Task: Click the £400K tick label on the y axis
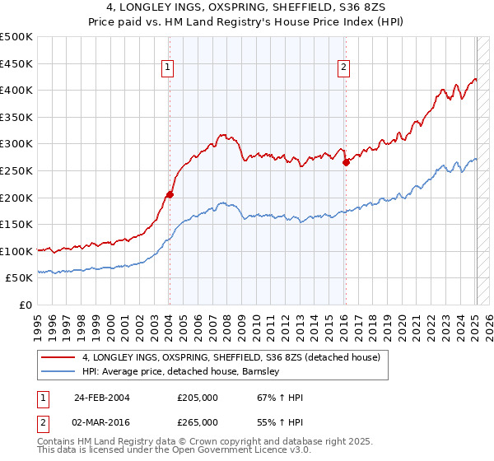16,91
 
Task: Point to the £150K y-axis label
16,224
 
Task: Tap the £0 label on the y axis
26,305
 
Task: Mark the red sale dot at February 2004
170,195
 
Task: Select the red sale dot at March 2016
346,163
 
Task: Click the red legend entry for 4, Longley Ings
231,357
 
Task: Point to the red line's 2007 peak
222,134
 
